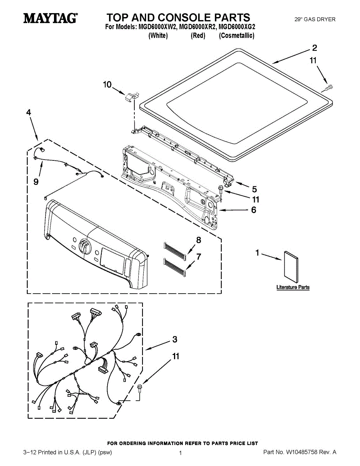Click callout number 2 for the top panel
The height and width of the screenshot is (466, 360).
pos(314,48)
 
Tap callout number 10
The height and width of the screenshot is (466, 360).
pos(107,84)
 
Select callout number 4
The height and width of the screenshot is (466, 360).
pos(28,112)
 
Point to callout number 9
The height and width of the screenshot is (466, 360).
pos(36,181)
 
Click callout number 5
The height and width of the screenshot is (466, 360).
pos(254,190)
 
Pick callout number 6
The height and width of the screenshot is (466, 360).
pos(254,210)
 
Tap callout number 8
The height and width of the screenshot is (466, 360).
pos(198,240)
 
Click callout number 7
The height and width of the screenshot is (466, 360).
pos(198,257)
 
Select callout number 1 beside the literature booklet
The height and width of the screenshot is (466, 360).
pos(257,253)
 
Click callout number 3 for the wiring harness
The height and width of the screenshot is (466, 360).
pos(175,339)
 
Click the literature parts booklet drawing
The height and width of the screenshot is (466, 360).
pos(291,268)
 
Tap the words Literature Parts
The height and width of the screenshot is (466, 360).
pos(293,287)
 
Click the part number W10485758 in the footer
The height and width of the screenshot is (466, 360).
pos(302,452)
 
